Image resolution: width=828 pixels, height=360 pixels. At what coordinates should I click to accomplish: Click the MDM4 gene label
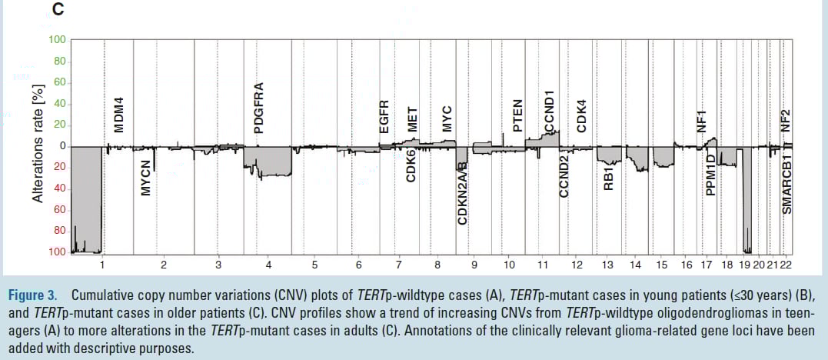coord(119,115)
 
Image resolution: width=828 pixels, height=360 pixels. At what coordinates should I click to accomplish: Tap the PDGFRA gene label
coord(259,108)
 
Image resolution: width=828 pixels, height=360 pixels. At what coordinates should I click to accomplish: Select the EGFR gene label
coord(385,117)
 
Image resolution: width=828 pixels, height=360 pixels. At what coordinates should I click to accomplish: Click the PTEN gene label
coord(517,115)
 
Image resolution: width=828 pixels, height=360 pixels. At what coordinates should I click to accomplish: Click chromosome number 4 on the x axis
coord(268,265)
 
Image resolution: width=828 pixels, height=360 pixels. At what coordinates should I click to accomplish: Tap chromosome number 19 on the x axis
coord(745,265)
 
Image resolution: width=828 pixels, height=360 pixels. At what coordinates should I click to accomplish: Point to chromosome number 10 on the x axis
coord(509,265)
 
